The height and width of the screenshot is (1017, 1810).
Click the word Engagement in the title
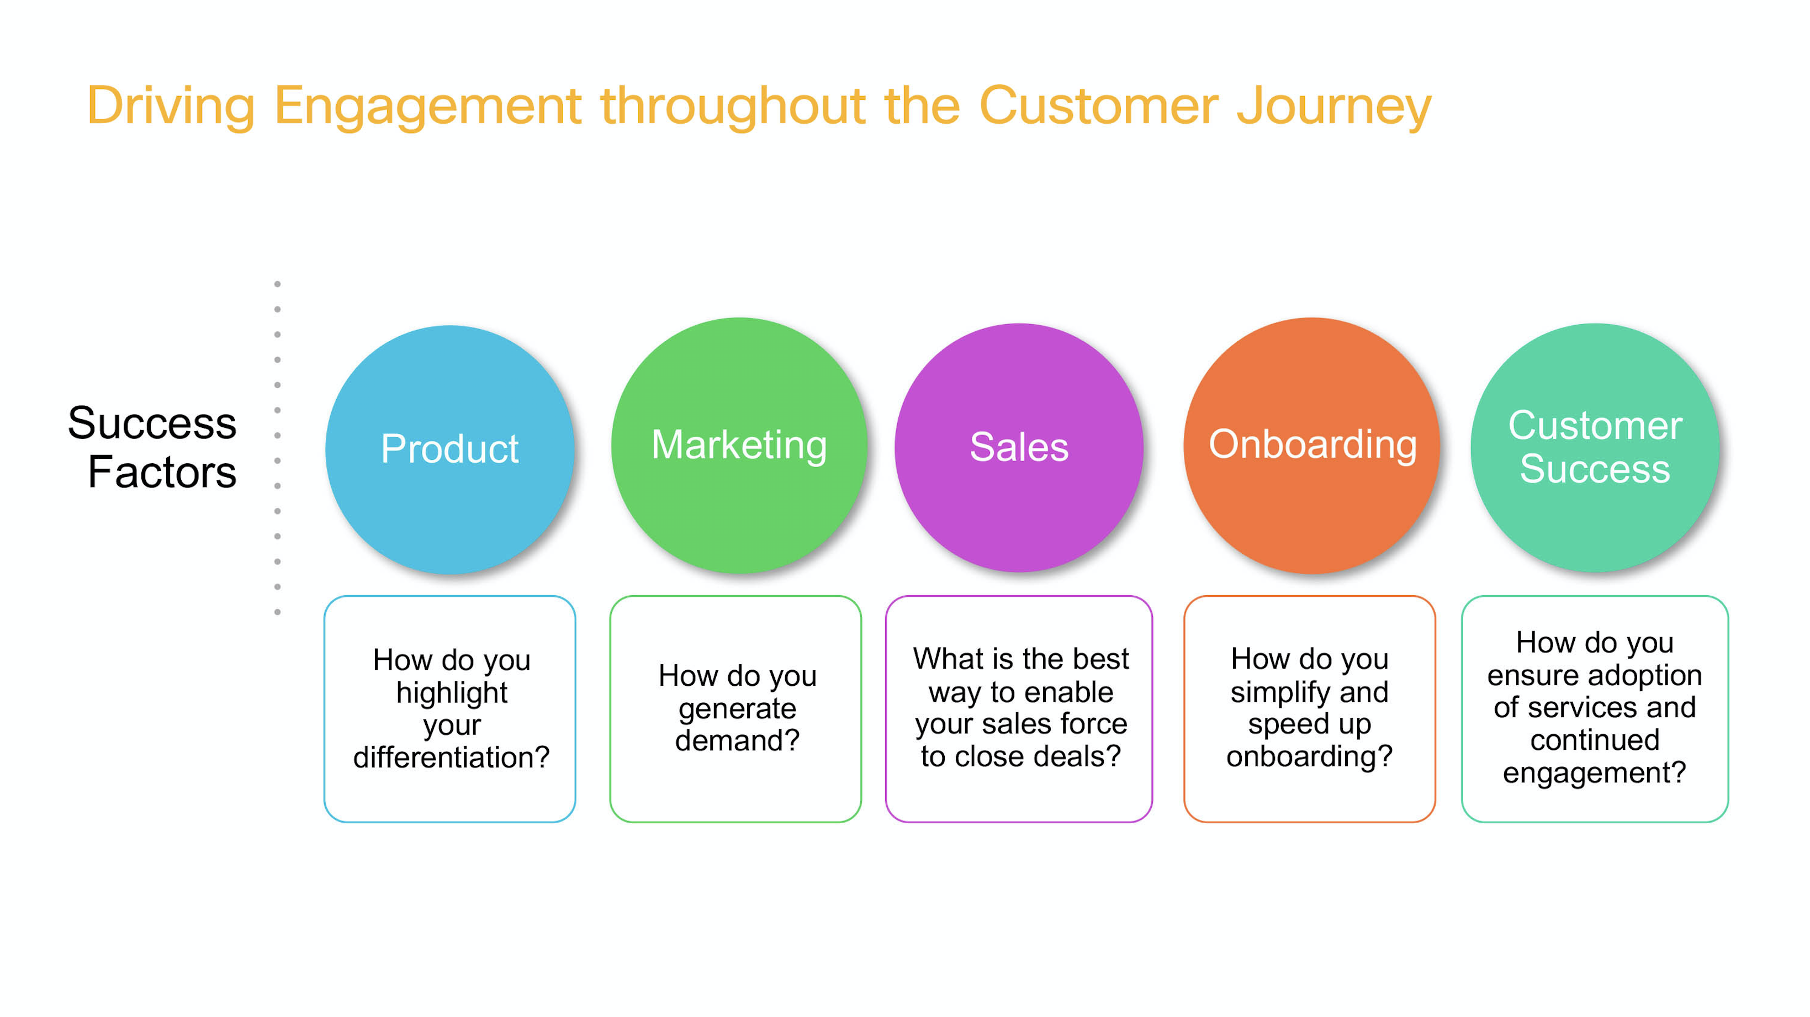point(427,107)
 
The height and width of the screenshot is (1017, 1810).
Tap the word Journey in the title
point(1333,107)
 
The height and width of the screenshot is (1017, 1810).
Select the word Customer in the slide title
point(1098,107)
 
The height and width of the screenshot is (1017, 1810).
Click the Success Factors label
point(152,447)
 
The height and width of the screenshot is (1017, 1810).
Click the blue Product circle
point(449,449)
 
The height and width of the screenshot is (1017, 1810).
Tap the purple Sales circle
point(1019,447)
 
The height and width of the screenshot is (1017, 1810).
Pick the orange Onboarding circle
point(1312,446)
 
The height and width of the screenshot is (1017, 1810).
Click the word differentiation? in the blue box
point(451,757)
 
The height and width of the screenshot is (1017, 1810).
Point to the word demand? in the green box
point(737,740)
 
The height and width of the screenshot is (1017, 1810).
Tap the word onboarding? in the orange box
point(1309,756)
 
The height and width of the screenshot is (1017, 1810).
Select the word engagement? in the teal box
point(1594,772)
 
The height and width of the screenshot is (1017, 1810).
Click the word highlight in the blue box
point(451,693)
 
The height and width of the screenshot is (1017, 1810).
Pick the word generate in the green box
point(737,709)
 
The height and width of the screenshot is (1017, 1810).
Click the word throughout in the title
point(733,107)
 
